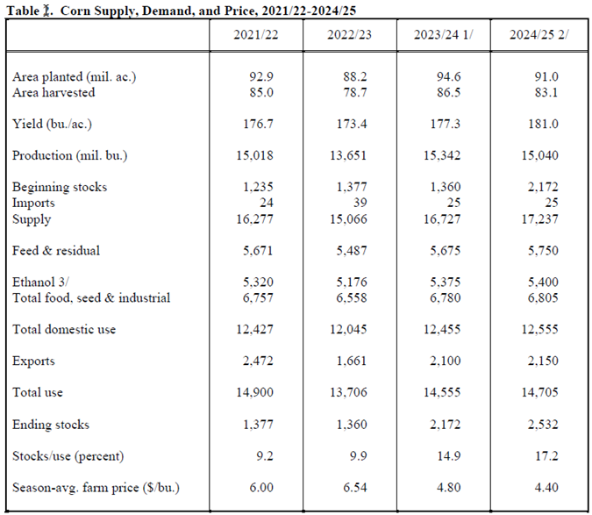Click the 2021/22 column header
255,35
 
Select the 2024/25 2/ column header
539,35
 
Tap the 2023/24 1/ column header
443,35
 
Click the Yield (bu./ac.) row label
52,125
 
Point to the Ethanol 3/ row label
40,282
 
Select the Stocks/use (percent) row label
68,456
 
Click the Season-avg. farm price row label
96,488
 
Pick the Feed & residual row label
56,251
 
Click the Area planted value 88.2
355,76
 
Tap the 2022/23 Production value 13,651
348,155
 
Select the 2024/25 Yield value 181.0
543,124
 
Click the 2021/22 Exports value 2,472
258,361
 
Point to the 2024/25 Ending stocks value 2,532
543,425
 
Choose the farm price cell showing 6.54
355,488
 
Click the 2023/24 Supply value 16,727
442,219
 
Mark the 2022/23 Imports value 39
360,203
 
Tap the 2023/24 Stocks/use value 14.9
449,456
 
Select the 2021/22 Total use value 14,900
255,392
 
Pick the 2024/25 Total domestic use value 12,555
540,329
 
